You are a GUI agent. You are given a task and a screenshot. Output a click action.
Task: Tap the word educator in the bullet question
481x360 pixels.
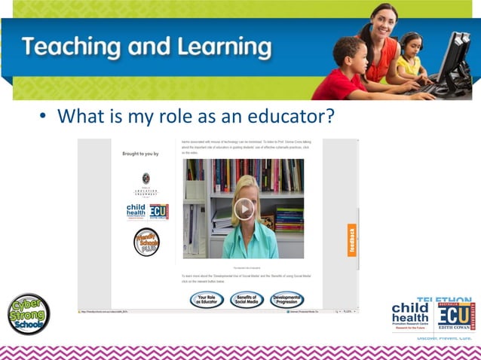pyautogui.click(x=290, y=117)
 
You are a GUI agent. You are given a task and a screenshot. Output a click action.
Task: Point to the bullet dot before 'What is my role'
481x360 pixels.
pyautogui.click(x=44, y=119)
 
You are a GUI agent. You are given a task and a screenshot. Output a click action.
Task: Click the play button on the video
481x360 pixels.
pyautogui.click(x=244, y=209)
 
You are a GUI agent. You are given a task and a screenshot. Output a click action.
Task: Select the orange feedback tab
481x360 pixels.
pyautogui.click(x=352, y=240)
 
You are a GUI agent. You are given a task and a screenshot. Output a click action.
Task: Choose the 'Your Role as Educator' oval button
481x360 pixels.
pyautogui.click(x=207, y=300)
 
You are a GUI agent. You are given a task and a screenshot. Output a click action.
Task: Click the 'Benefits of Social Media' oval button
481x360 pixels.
pyautogui.click(x=247, y=300)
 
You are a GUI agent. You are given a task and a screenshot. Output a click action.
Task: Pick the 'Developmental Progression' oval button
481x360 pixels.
pyautogui.click(x=287, y=300)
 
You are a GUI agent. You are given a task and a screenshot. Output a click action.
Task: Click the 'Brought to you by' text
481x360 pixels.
pyautogui.click(x=140, y=154)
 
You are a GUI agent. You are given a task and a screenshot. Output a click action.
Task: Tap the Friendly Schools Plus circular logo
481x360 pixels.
pyautogui.click(x=146, y=241)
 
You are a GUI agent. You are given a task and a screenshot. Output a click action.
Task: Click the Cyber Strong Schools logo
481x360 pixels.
pyautogui.click(x=29, y=313)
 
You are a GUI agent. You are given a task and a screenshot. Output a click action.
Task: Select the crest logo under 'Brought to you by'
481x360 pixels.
pyautogui.click(x=146, y=178)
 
